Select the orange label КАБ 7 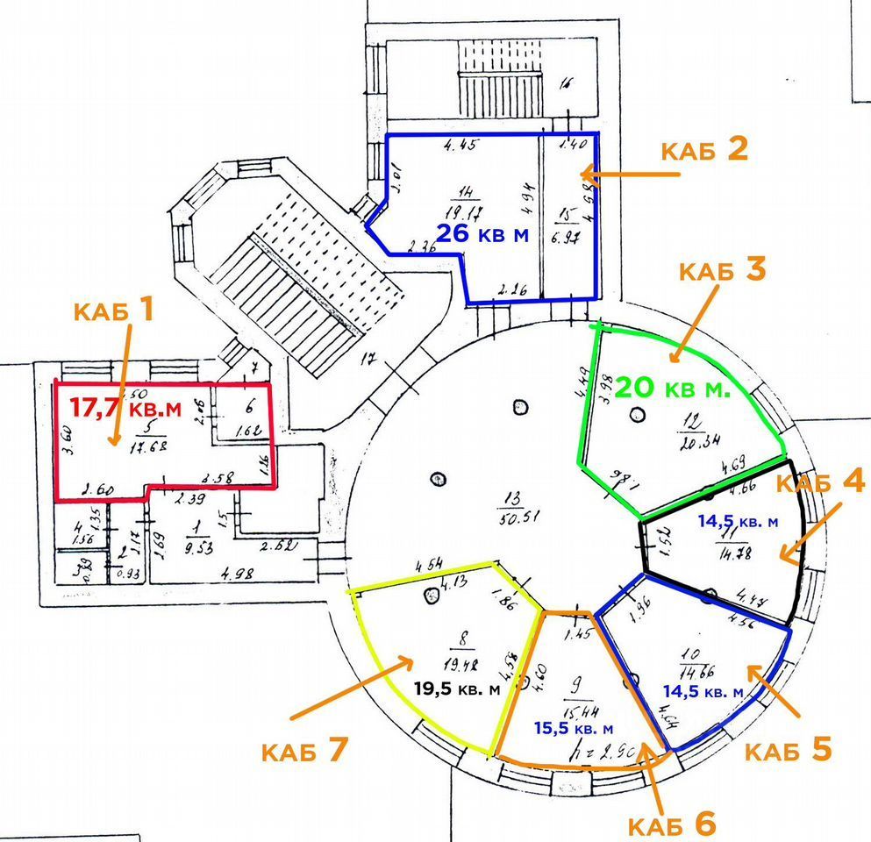point(305,750)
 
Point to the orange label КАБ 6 point(673,824)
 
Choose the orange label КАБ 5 point(787,750)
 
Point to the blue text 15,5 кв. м point(573,728)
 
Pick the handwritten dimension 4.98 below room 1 point(232,576)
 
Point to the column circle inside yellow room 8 point(431,596)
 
